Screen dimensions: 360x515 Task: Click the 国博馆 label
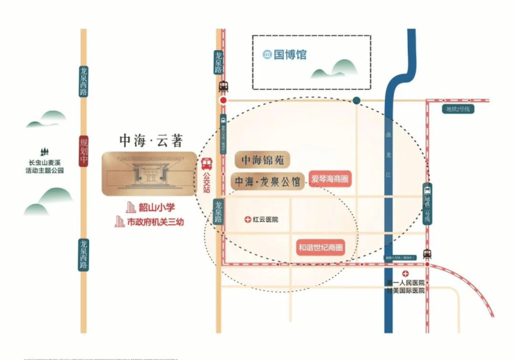pos(290,54)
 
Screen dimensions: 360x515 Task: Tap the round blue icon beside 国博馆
pos(267,54)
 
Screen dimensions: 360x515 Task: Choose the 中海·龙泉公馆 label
pos(267,182)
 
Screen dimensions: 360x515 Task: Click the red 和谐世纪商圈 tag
pos(322,246)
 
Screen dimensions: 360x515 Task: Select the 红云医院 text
pos(266,219)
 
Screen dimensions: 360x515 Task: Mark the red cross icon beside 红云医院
pos(248,219)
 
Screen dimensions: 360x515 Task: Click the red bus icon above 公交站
pos(207,165)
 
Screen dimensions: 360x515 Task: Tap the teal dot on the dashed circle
pos(356,101)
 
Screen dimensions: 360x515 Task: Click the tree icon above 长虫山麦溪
pos(45,152)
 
